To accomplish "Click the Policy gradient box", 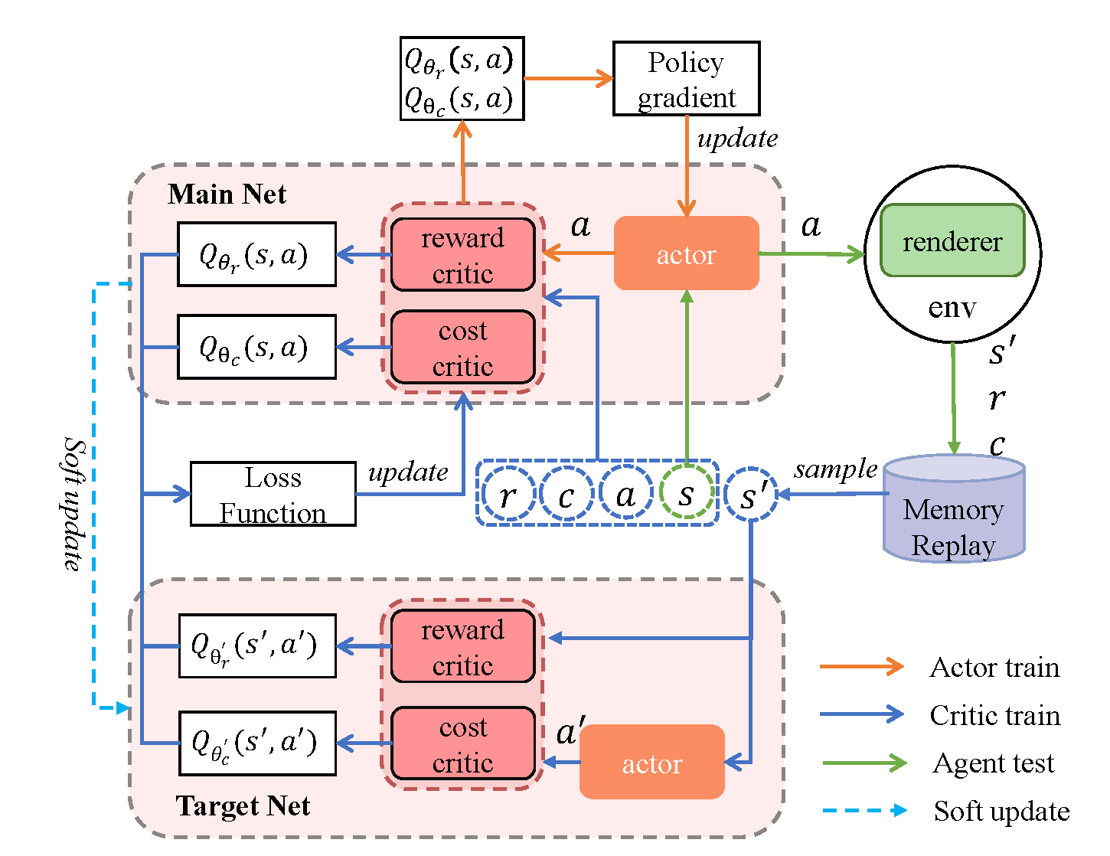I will (686, 79).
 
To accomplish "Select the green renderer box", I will (952, 241).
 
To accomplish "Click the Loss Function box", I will (273, 494).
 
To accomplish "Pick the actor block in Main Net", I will (686, 253).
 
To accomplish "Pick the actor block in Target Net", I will (651, 763).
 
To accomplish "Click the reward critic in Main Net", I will (462, 255).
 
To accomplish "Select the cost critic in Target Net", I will (462, 743).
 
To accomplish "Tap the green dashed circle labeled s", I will (687, 494).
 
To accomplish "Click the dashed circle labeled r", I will (508, 495).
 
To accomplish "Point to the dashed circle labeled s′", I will (751, 495).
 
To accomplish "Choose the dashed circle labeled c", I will (566, 495).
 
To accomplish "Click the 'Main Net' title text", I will (227, 194).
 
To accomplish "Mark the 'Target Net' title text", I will (243, 805).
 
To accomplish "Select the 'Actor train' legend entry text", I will (994, 668).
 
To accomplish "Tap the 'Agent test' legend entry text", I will (993, 763).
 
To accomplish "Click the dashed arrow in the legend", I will (864, 810).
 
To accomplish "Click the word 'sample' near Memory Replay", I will (834, 469).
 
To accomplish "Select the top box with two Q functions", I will (462, 79).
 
